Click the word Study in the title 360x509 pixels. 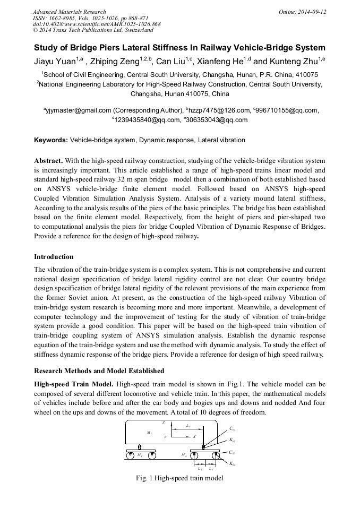[x=47, y=48]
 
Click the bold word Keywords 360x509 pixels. [x=50, y=141]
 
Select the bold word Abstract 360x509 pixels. [x=49, y=160]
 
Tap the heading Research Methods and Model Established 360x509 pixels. [x=99, y=370]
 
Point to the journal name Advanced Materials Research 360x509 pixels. [x=69, y=12]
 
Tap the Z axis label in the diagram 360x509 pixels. [x=164, y=422]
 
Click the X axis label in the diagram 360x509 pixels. [x=194, y=436]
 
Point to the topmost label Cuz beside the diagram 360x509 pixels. [x=232, y=428]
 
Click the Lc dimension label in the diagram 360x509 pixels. [x=188, y=426]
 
